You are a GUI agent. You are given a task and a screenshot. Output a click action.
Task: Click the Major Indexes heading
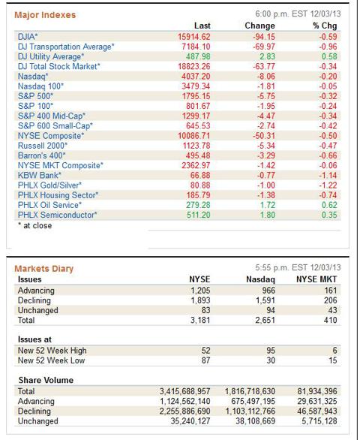click(x=45, y=15)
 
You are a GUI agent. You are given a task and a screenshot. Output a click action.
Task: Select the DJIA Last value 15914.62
click(x=193, y=37)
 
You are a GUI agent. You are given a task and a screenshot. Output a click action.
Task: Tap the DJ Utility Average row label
click(x=51, y=56)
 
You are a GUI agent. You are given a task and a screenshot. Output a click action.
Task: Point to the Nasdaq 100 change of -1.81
click(x=266, y=86)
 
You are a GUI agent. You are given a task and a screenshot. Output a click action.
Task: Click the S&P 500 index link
click(x=35, y=96)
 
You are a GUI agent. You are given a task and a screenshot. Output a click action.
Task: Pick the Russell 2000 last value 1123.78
click(x=196, y=146)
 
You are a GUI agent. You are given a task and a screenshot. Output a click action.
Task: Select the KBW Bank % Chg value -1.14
click(x=328, y=176)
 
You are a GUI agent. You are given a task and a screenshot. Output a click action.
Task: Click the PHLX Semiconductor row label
click(x=57, y=215)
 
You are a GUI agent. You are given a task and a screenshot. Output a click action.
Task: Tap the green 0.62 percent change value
click(x=329, y=205)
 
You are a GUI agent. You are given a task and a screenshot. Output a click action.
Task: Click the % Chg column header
click(x=325, y=26)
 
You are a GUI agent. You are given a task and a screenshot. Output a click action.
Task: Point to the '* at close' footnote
click(x=34, y=225)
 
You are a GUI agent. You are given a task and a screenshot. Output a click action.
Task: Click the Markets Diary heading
click(x=43, y=269)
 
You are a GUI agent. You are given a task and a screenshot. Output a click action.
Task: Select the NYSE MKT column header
click(x=316, y=279)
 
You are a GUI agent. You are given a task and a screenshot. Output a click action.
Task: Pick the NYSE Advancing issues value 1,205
click(x=200, y=291)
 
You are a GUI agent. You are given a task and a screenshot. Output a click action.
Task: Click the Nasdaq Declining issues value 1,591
click(x=265, y=300)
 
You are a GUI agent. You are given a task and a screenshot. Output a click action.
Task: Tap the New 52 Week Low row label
click(x=51, y=360)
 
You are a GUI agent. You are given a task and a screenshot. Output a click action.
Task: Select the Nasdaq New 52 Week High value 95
click(x=271, y=351)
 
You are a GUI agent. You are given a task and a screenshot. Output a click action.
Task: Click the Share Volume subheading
click(x=46, y=380)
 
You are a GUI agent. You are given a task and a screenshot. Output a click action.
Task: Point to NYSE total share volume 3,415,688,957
click(x=184, y=391)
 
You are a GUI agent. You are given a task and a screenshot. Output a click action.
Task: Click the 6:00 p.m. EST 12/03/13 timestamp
click(x=298, y=14)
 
